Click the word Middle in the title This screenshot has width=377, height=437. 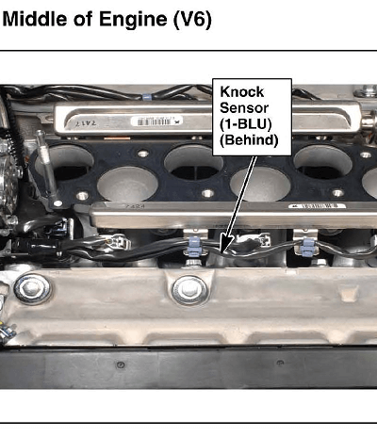point(35,19)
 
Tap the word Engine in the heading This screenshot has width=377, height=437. point(133,20)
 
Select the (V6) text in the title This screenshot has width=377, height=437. point(192,20)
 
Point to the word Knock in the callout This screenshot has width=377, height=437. point(242,92)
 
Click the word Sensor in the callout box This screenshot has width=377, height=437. point(244,108)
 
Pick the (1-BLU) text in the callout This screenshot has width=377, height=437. point(245,124)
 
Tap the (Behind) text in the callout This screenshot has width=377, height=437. point(249,140)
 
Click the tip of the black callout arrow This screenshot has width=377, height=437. point(221,253)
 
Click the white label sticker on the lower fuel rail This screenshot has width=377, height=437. point(318,206)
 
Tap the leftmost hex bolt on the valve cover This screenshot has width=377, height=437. point(32,288)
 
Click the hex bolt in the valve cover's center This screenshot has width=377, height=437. point(189,290)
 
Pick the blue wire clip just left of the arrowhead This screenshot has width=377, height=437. point(195,246)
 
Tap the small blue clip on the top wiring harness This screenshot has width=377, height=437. point(147,96)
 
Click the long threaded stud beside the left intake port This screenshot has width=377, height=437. point(46,168)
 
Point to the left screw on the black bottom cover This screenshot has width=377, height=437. point(121,364)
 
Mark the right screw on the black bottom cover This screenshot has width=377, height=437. point(280,363)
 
